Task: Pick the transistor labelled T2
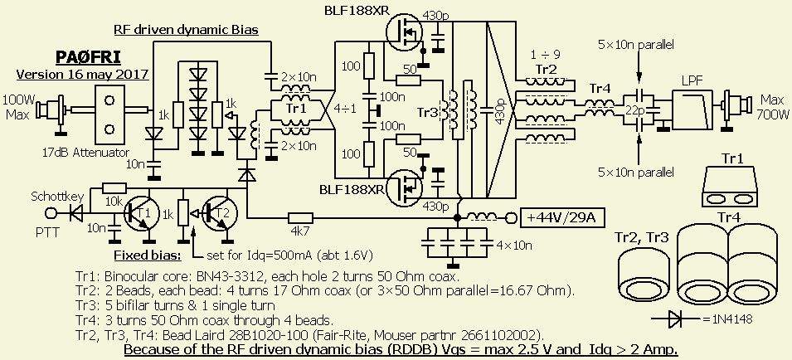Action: coord(219,213)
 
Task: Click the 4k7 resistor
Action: coord(299,219)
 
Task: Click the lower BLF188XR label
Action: coord(350,189)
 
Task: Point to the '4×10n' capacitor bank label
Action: coord(513,246)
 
